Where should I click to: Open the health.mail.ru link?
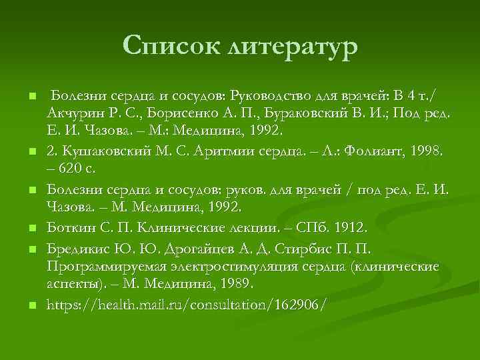(187, 305)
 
